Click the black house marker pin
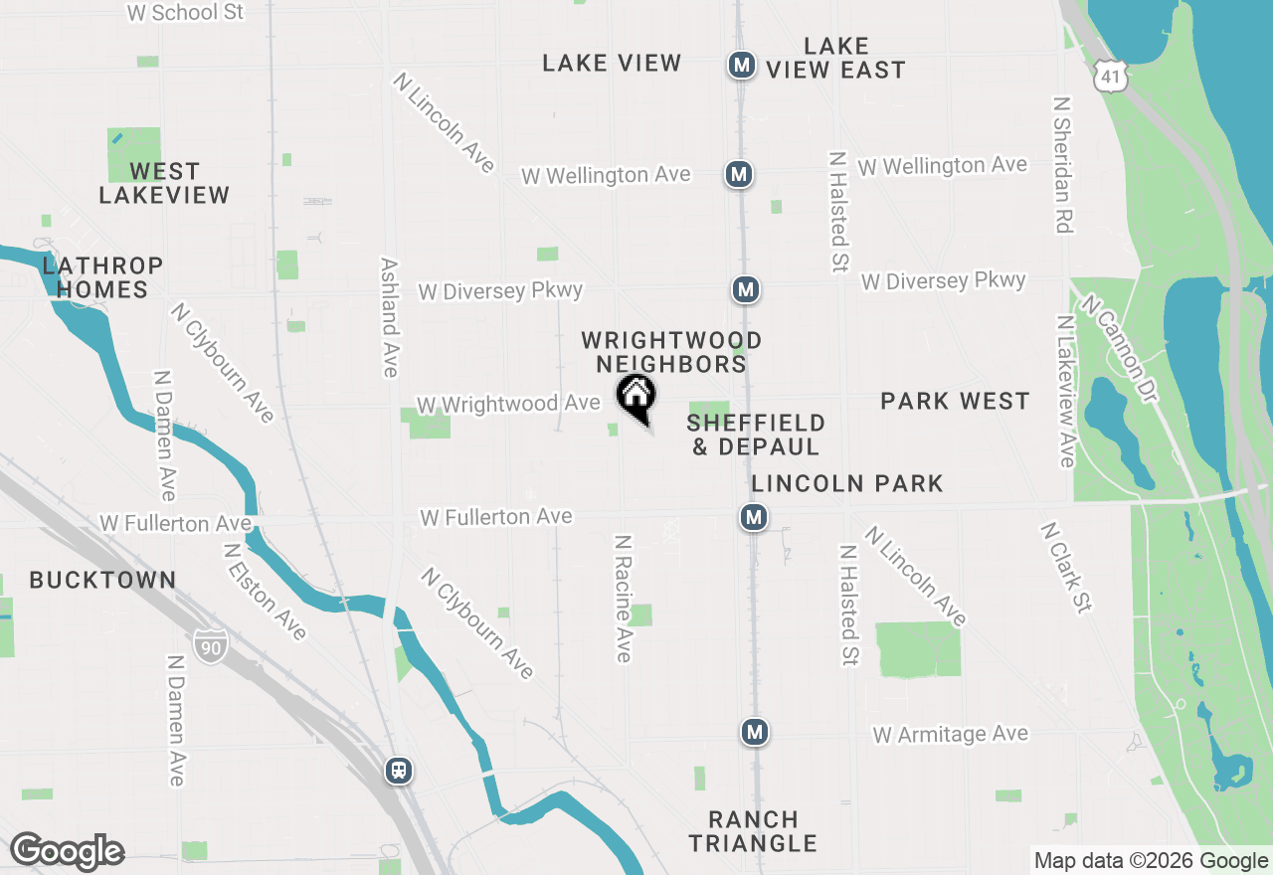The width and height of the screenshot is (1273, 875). click(x=636, y=397)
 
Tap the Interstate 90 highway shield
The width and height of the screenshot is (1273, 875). click(x=209, y=647)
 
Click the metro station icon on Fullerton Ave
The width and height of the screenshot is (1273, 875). click(x=754, y=517)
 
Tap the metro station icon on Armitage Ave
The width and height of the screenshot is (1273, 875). click(x=755, y=733)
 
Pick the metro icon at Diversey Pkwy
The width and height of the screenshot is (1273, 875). click(x=745, y=289)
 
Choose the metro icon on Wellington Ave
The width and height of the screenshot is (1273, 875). click(x=738, y=174)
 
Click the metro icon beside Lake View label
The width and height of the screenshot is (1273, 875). click(x=741, y=66)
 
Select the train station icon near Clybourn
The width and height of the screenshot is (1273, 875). click(x=400, y=771)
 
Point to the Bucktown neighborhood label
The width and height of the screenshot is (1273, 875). click(x=102, y=580)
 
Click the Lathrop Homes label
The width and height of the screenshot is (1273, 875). click(x=102, y=277)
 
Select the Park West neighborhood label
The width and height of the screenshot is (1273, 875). click(x=955, y=401)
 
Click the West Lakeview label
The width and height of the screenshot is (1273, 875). click(x=164, y=183)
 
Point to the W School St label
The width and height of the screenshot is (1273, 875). click(x=186, y=12)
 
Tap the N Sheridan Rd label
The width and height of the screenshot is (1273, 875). click(x=1063, y=164)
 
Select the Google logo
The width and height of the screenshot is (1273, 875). click(x=67, y=851)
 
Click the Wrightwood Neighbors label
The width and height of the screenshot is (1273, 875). click(x=671, y=352)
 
